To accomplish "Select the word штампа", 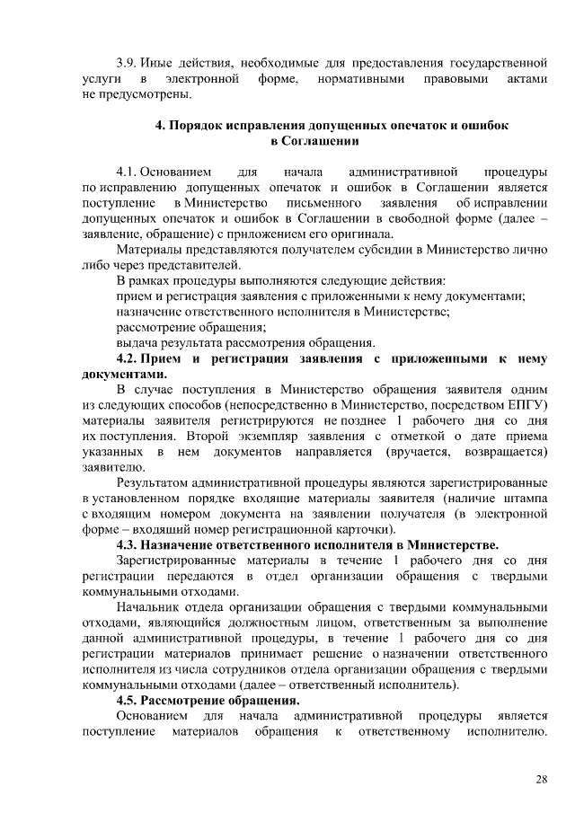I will [x=523, y=498].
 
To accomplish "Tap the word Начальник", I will [x=150, y=606].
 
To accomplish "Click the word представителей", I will [x=195, y=265].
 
